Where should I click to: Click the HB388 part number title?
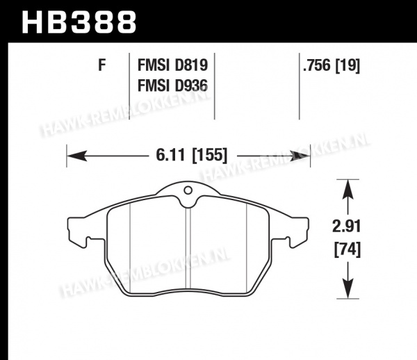click(79, 22)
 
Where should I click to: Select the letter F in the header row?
click(102, 65)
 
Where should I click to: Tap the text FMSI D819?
click(172, 65)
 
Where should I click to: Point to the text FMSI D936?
click(172, 86)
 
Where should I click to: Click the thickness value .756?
click(317, 65)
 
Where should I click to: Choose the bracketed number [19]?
click(347, 65)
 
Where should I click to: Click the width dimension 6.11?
click(170, 155)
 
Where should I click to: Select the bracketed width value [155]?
click(210, 155)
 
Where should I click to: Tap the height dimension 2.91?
click(346, 227)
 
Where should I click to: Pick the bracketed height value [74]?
click(347, 249)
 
